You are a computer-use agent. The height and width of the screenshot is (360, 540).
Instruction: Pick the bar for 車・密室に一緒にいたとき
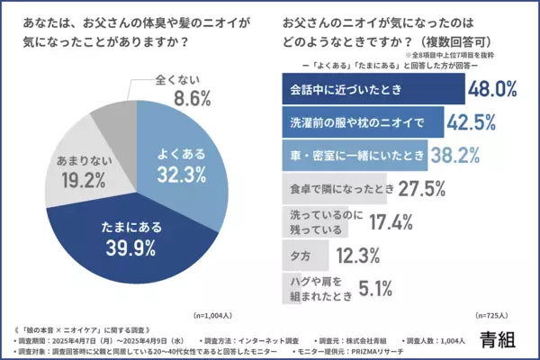[342, 153]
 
